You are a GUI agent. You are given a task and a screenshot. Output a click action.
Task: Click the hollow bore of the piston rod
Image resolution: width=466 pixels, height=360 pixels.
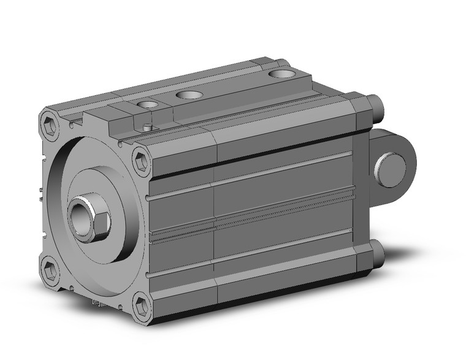click(81, 218)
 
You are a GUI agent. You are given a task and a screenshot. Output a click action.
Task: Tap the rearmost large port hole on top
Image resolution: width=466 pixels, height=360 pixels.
click(281, 74)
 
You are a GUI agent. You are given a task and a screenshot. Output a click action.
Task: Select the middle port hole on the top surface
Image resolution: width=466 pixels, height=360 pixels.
click(189, 95)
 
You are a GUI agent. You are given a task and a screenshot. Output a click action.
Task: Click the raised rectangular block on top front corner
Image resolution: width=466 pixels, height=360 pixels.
click(110, 126)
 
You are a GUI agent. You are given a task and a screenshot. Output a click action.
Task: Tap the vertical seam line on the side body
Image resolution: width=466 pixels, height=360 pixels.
click(213, 221)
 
